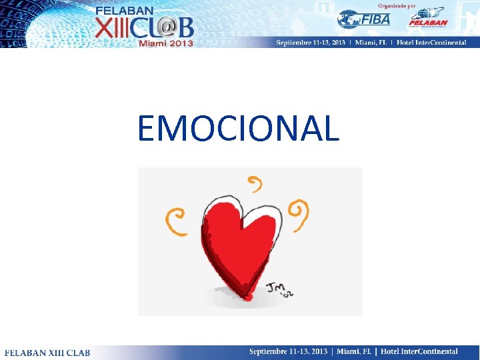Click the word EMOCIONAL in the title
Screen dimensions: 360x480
pos(238,129)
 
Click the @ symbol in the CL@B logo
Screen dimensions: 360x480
pos(167,27)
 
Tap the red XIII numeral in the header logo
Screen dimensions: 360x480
pos(113,28)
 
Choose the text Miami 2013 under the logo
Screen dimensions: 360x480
pos(165,43)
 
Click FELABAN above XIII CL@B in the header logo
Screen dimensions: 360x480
pos(125,11)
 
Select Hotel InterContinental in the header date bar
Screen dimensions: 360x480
pos(433,43)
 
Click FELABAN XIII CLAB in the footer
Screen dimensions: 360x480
pos(47,352)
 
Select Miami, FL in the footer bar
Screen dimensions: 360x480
pos(354,351)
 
